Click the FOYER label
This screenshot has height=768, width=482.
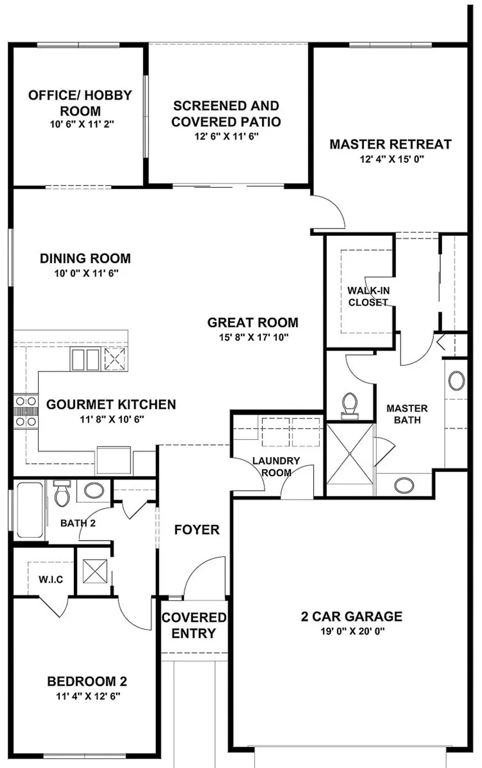pos(197,530)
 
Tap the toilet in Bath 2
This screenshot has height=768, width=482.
pos(62,493)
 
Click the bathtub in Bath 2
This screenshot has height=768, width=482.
pos(30,510)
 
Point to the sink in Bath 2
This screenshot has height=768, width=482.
pos(94,490)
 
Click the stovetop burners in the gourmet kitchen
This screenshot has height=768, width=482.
pos(26,411)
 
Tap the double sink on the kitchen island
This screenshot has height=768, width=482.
pos(85,359)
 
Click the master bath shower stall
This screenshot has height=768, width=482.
pos(350,454)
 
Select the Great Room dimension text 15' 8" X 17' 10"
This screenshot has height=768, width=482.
pos(253,337)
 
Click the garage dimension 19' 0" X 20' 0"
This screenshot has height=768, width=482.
pos(353,631)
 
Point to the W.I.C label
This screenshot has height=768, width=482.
pos(51,579)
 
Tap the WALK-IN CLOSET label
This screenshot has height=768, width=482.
pos(368,296)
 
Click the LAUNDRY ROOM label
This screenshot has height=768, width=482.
pos(276,467)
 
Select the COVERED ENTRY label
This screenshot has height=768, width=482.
pos(194,625)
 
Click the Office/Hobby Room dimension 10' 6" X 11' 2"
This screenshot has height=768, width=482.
pos(82,124)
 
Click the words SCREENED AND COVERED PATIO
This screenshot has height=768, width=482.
pos(226,114)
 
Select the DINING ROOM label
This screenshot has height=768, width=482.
pos(85,258)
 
